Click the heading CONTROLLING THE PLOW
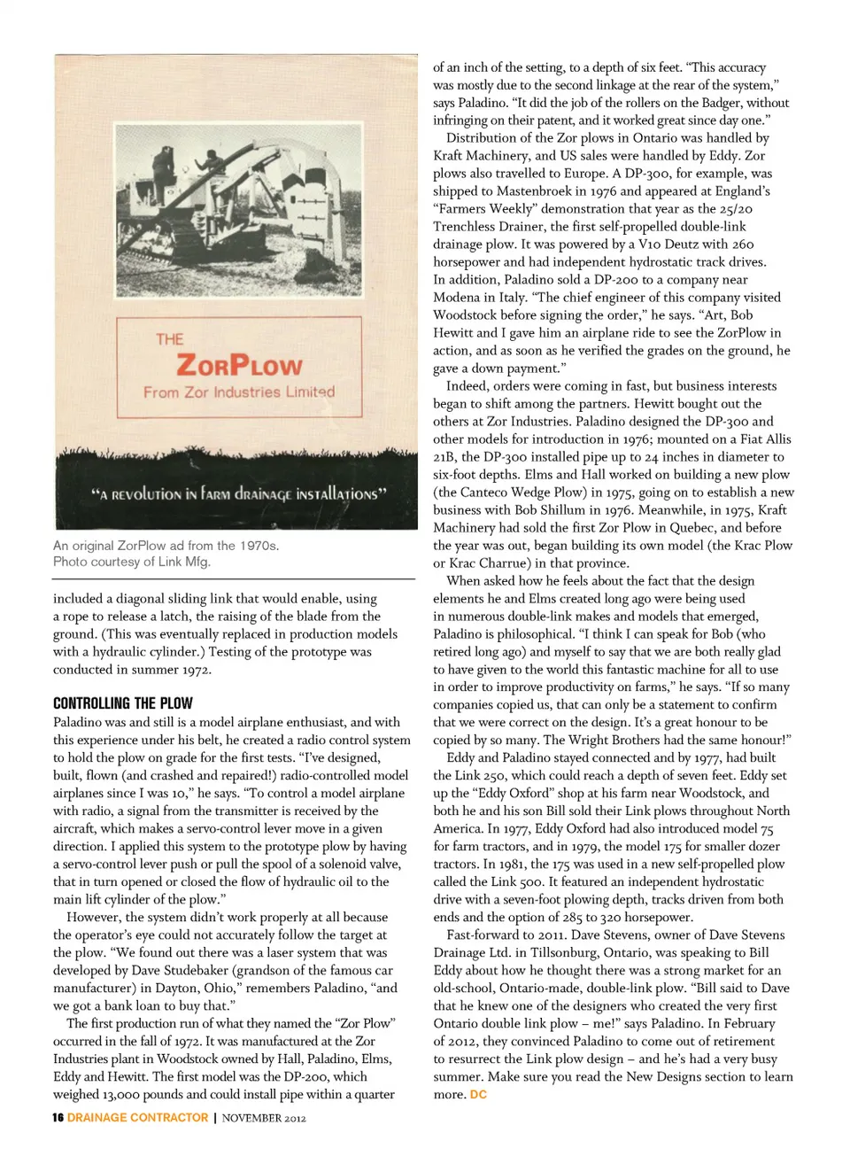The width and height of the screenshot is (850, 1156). point(122,703)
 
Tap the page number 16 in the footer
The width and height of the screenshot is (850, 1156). point(58,1118)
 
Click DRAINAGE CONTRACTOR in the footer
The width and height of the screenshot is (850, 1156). point(137,1118)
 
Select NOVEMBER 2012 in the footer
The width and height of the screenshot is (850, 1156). point(264,1118)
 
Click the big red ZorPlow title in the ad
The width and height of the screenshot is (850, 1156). point(239,364)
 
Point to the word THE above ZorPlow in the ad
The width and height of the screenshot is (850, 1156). point(169,339)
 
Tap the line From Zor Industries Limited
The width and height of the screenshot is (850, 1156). point(239,392)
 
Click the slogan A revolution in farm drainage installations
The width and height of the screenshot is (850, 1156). point(238,494)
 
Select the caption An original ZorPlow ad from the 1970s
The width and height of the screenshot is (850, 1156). point(166,546)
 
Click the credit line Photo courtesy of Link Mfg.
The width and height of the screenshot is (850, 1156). point(131,562)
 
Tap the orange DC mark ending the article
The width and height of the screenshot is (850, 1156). point(478,1095)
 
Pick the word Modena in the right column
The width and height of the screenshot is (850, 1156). point(459,297)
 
